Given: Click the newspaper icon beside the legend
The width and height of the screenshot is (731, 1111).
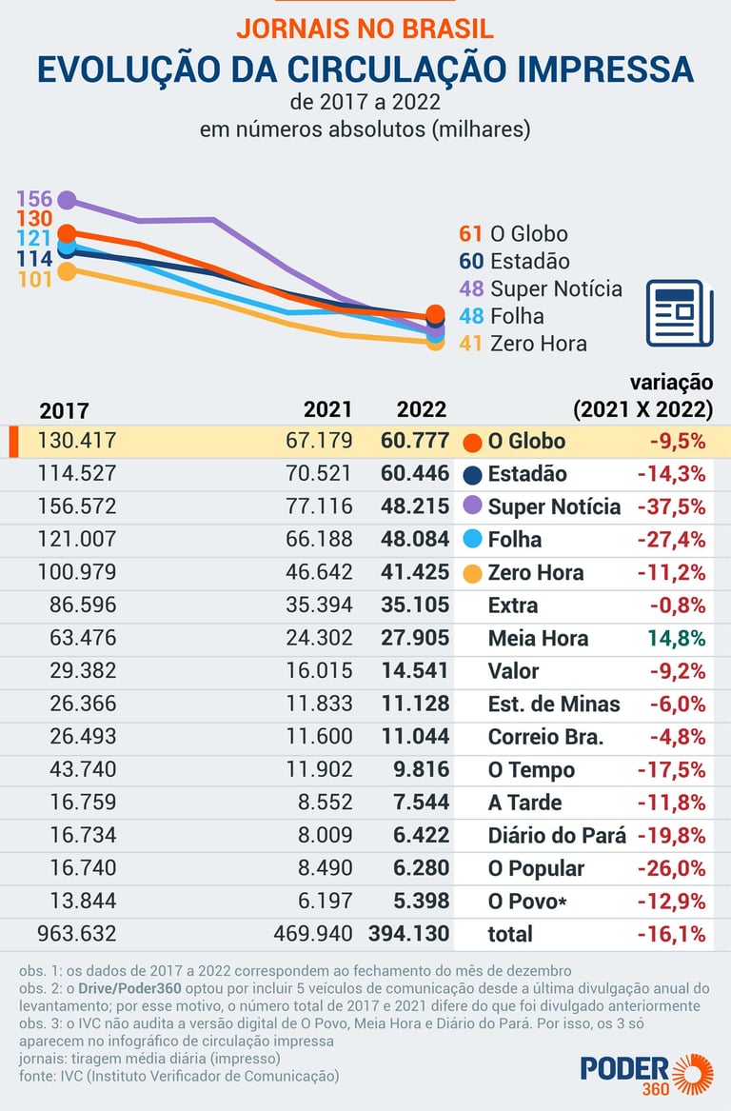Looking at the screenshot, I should (x=680, y=313).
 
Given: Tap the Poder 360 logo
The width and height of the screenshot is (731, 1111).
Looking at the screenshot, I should (x=646, y=1073).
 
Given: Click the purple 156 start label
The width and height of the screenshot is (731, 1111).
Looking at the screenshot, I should (x=34, y=199).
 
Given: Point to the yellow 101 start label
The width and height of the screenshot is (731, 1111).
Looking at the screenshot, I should (x=34, y=280).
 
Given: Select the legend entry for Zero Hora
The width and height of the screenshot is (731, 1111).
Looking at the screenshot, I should (x=523, y=344).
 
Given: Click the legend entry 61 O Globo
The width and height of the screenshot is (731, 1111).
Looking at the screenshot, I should (x=513, y=233).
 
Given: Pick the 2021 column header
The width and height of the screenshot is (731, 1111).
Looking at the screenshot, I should (x=327, y=409).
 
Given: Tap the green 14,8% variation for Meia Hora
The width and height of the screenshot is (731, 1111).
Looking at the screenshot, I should (x=677, y=638).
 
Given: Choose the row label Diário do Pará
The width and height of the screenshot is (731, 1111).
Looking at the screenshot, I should (x=557, y=835).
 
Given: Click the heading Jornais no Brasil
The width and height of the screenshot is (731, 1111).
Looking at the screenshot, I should (x=365, y=28).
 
